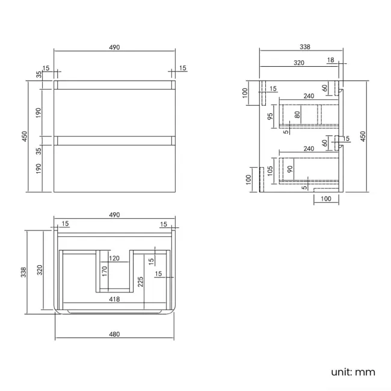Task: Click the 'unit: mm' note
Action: [353, 372]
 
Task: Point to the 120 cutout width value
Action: [114, 259]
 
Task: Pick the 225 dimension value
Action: [140, 282]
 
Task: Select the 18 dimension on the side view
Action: [331, 61]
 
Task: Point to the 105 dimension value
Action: [271, 170]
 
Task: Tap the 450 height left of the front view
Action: [25, 137]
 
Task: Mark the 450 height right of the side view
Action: [363, 136]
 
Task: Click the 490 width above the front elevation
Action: [114, 48]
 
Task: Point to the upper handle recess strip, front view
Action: [114, 85]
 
